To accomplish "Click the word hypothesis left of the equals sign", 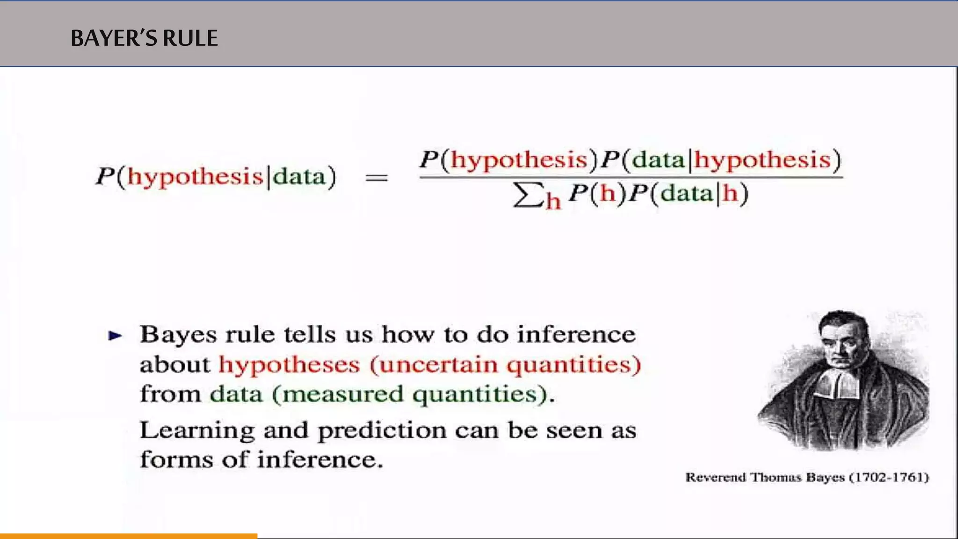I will [x=195, y=177].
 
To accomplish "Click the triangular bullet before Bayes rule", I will [x=115, y=335].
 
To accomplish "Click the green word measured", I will [x=342, y=394].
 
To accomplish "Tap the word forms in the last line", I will [x=176, y=460].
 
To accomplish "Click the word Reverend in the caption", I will [x=715, y=478].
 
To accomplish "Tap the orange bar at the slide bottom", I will [x=129, y=536].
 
